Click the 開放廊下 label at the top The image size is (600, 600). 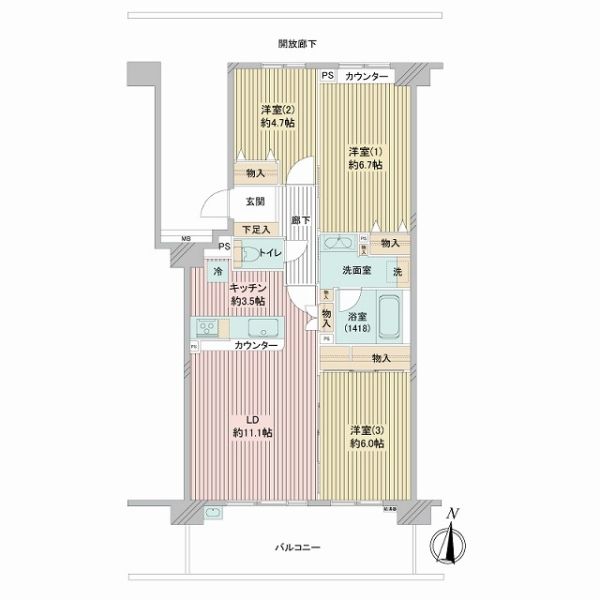(297, 43)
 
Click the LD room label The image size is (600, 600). (252, 425)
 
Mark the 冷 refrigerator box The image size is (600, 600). (217, 270)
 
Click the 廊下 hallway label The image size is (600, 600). (299, 220)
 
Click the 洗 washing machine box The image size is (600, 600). (397, 272)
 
